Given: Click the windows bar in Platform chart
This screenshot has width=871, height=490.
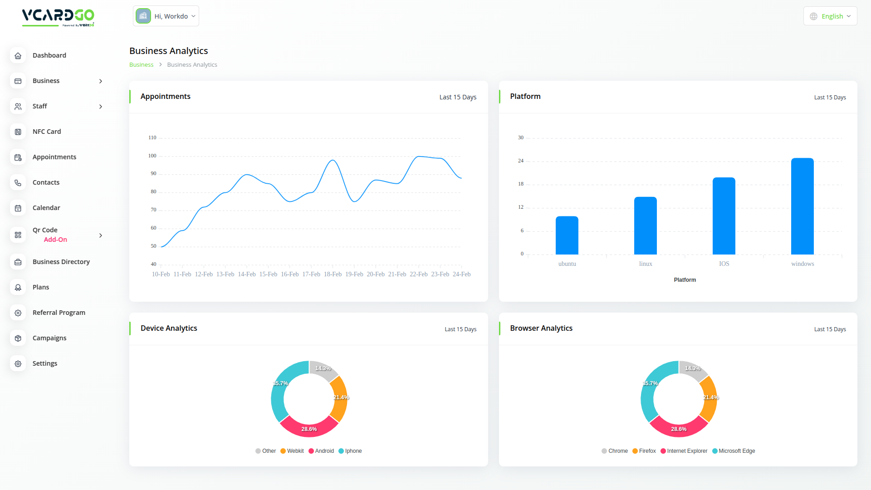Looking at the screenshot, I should tap(802, 206).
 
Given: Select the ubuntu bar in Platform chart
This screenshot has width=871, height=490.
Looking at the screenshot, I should tap(567, 235).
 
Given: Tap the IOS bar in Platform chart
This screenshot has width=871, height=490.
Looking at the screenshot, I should tap(724, 216).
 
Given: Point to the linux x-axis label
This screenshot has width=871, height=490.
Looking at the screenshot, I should tap(646, 264).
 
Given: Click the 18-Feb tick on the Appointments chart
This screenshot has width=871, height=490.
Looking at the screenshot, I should tap(333, 274).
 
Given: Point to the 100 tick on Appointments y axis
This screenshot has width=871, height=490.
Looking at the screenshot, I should tap(152, 156).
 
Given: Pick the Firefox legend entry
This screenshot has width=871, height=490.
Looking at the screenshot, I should tap(644, 451).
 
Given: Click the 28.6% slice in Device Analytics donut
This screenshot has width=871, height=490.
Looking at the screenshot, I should tap(309, 429).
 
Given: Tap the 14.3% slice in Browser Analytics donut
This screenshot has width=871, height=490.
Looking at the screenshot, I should tap(692, 369).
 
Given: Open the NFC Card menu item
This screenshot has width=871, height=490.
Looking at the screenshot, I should tap(47, 132).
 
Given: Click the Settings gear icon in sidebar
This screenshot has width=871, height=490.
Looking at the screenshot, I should tap(18, 364).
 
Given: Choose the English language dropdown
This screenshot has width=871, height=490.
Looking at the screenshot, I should tap(830, 16).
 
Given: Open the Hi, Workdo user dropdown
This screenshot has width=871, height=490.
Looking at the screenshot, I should tap(166, 16).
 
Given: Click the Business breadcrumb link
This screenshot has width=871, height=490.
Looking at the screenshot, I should tap(141, 65).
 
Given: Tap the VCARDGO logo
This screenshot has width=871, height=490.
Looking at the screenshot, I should tap(58, 17).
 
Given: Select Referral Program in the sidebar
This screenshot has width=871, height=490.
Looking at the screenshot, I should tap(59, 313).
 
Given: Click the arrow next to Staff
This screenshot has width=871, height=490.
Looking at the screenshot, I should tap(101, 107).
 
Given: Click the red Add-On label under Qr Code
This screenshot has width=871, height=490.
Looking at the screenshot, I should tap(55, 240).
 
